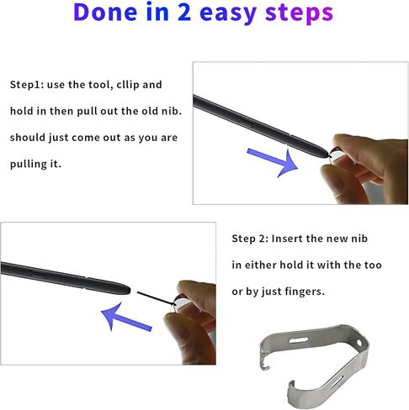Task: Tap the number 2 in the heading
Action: (184, 13)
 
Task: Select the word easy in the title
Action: (228, 14)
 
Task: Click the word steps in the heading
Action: (299, 13)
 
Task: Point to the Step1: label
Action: (27, 85)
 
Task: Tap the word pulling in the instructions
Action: (28, 164)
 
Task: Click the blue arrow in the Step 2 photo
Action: (126, 317)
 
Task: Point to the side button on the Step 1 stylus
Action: (247, 122)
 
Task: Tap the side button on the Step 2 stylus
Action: (38, 274)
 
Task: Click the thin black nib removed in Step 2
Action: (156, 298)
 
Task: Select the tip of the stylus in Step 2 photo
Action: (129, 291)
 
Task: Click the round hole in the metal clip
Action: (359, 342)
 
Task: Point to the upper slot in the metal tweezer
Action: (299, 340)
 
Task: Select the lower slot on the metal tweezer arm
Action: (337, 381)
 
